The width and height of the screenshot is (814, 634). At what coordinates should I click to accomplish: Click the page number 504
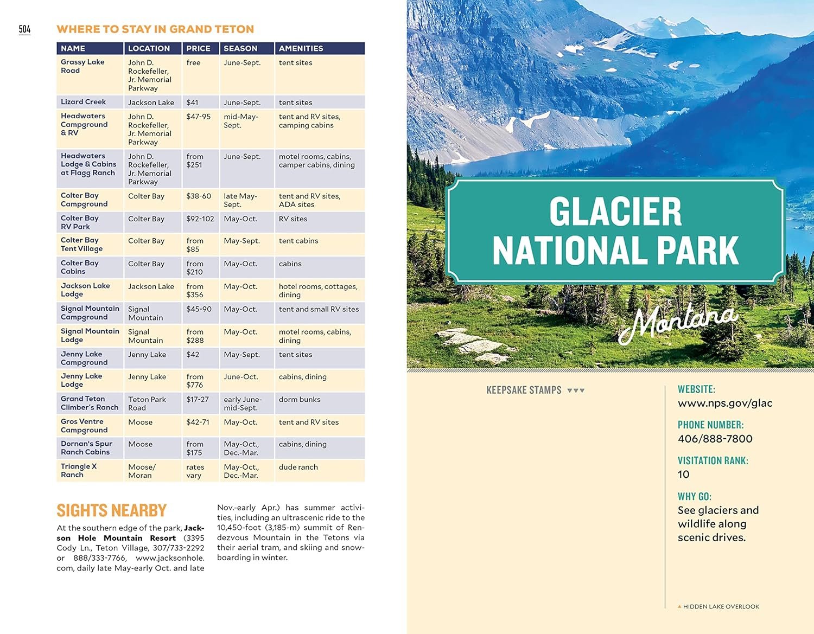(x=24, y=29)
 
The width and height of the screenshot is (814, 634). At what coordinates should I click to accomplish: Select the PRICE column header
(x=198, y=48)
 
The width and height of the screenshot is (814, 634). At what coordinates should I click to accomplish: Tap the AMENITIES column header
(x=301, y=48)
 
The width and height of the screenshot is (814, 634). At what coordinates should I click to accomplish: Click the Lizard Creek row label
(x=84, y=102)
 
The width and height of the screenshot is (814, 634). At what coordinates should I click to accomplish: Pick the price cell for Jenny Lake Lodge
(x=195, y=381)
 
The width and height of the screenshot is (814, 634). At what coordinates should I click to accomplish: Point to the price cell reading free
(x=193, y=63)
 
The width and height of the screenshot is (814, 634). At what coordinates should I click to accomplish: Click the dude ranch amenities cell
(x=298, y=467)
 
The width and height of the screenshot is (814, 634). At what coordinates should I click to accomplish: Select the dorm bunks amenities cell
(x=300, y=400)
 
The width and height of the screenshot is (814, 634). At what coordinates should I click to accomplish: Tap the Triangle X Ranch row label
(x=79, y=471)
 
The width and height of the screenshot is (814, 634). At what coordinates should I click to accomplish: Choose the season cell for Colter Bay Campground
(x=240, y=200)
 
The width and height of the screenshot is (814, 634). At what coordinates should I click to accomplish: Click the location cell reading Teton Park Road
(x=147, y=404)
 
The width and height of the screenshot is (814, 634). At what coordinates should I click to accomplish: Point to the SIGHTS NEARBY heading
(x=111, y=510)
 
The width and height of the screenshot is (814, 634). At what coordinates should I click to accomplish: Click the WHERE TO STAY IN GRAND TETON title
(x=155, y=29)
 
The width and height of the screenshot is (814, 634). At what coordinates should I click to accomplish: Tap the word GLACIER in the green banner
(x=615, y=212)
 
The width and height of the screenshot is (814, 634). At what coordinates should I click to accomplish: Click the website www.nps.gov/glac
(x=725, y=403)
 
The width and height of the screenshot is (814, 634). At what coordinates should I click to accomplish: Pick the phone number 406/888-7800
(x=715, y=439)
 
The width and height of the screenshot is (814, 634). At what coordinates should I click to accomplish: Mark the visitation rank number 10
(x=684, y=475)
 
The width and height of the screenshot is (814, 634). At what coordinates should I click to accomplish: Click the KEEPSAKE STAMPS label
(x=524, y=390)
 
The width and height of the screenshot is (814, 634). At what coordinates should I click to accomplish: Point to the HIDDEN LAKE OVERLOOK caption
(x=721, y=606)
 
